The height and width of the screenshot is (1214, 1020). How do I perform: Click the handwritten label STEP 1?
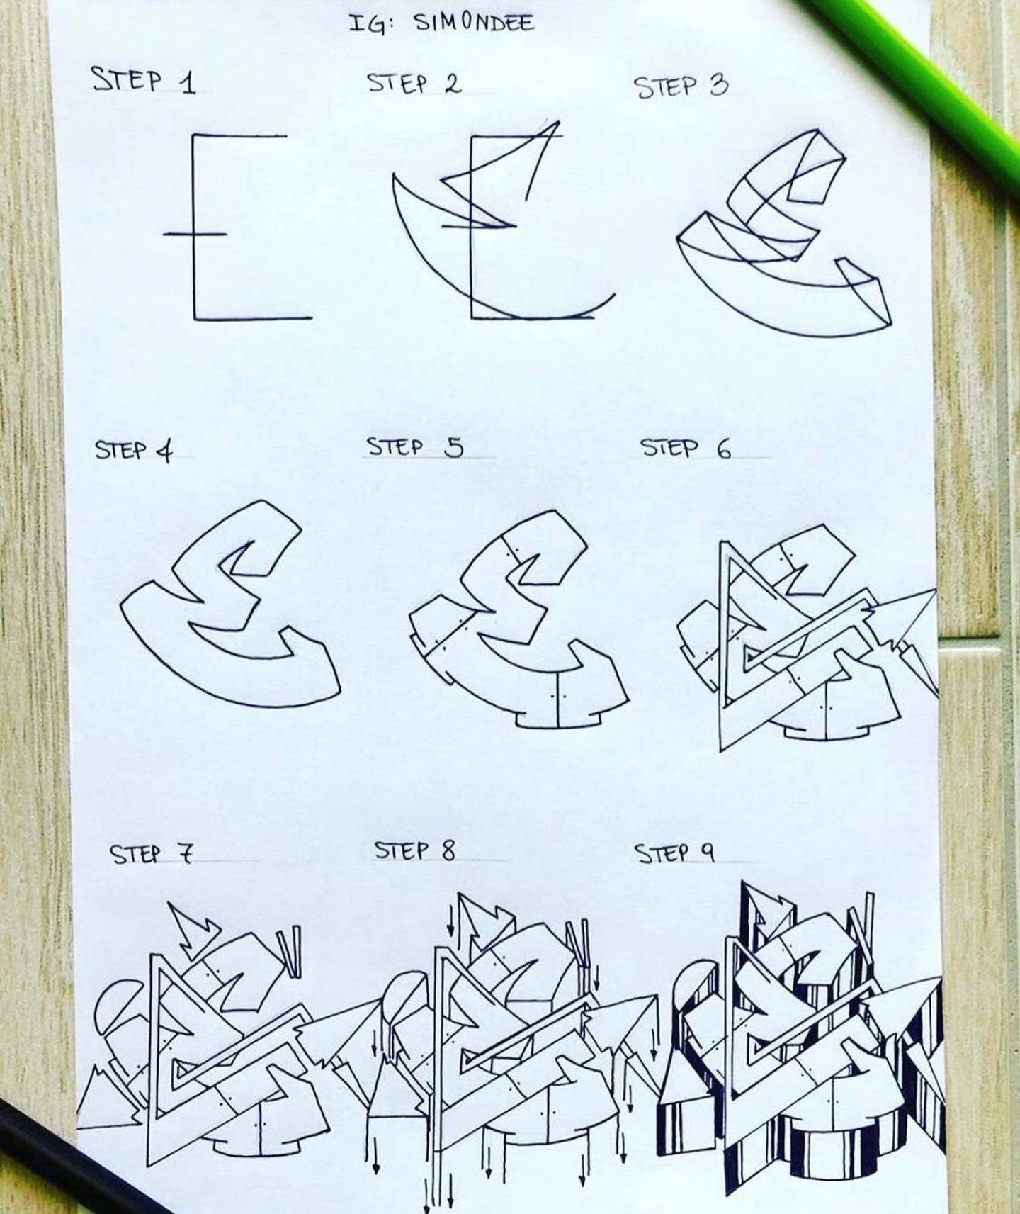tap(144, 81)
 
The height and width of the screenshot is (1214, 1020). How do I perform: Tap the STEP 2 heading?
tap(414, 84)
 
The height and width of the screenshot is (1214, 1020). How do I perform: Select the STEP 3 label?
tap(681, 87)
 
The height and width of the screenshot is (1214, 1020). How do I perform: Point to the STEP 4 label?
tap(134, 451)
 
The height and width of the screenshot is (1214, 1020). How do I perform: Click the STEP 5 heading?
tap(415, 447)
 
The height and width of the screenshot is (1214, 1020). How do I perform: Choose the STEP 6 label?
tap(686, 448)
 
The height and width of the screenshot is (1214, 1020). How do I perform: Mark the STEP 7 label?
tap(151, 855)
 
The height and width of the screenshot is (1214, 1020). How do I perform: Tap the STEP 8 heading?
tap(415, 850)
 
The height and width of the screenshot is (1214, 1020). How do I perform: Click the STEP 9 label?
tap(675, 853)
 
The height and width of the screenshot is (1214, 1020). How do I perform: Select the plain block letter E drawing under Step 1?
tap(238, 227)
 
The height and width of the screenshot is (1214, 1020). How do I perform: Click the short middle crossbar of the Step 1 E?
tap(195, 232)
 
